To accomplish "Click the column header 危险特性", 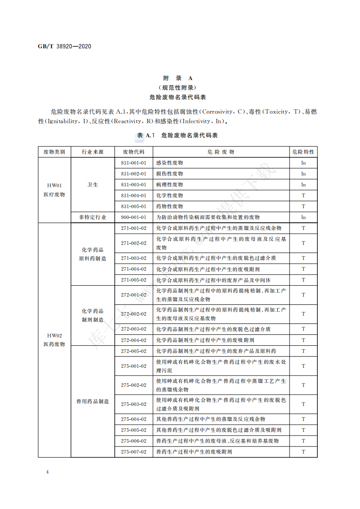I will (303, 152).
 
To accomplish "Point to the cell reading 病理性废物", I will (169, 185).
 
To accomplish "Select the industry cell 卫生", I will (93, 185).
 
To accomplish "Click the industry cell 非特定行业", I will (93, 217).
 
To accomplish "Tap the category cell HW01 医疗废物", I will (54, 190).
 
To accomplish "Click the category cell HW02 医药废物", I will (54, 340).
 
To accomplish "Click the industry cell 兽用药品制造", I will (93, 401).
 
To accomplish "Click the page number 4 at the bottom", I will (47, 472).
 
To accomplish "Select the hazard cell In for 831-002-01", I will (303, 174).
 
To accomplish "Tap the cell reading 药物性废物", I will (169, 206).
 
